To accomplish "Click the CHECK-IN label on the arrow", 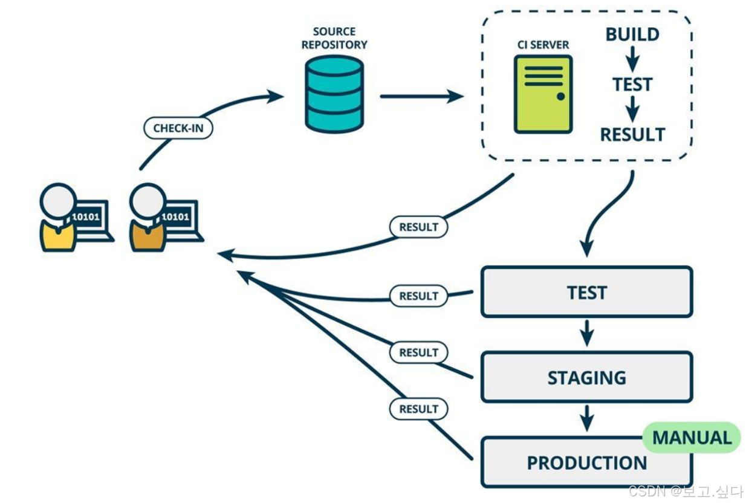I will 178,128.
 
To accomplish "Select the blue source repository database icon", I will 334,94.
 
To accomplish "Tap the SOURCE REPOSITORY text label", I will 334,37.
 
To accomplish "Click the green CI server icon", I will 543,94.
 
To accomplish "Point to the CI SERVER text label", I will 543,45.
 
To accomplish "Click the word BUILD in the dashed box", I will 632,34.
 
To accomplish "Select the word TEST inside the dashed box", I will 632,84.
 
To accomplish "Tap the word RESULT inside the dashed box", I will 632,134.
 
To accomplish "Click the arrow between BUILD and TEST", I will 632,59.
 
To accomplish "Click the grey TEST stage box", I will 586,292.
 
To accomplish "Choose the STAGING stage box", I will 586,378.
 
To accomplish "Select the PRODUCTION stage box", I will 586,463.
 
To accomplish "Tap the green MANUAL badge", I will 692,438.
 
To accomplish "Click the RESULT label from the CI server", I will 418,227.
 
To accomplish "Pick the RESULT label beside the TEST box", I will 418,296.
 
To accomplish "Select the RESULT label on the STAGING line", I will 418,352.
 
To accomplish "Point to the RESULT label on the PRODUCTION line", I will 418,409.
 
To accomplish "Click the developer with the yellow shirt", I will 59,218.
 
